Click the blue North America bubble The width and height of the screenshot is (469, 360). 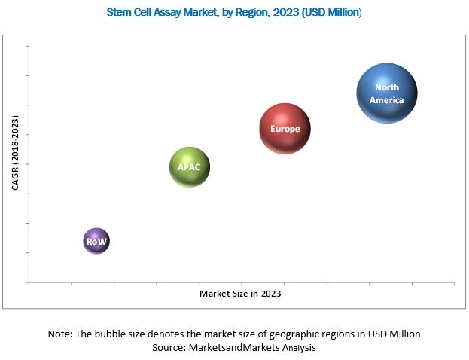click(x=386, y=93)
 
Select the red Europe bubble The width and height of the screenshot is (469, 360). click(x=285, y=129)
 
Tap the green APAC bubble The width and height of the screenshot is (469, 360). click(x=190, y=167)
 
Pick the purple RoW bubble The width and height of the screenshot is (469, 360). click(x=96, y=241)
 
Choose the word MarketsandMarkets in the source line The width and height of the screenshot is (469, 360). click(x=235, y=347)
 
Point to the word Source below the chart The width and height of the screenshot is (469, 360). click(x=171, y=347)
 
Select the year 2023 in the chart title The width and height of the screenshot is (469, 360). click(x=278, y=12)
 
